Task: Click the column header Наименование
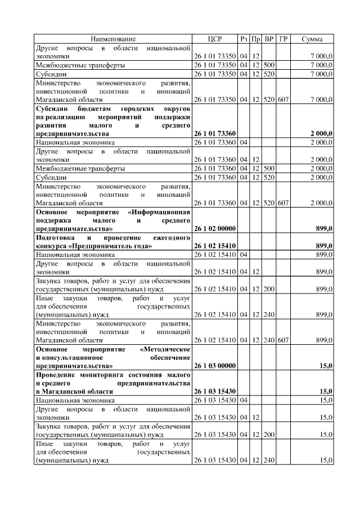(x=113, y=39)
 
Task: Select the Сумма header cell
(x=312, y=39)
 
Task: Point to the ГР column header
(x=283, y=39)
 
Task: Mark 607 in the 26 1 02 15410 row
(x=283, y=340)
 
